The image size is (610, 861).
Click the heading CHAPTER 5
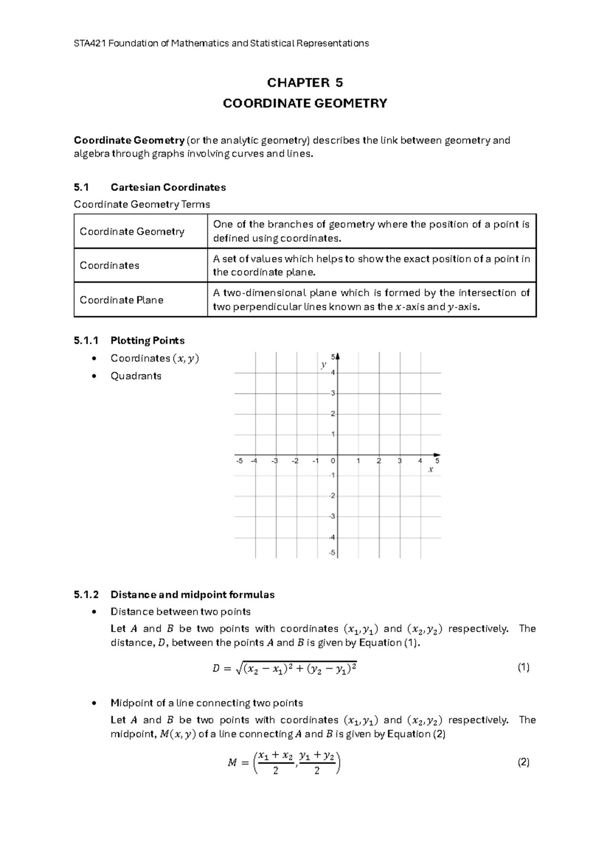coord(305,83)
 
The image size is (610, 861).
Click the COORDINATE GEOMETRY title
coord(305,104)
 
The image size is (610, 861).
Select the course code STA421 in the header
coord(89,43)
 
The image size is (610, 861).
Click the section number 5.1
coord(81,187)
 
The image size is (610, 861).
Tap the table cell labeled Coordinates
coord(109,266)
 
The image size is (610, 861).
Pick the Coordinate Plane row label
coord(121,300)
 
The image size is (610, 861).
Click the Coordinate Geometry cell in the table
coord(132,231)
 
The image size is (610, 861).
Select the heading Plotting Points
coord(147,341)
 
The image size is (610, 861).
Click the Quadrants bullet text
coord(136,376)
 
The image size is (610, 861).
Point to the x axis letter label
coord(431,470)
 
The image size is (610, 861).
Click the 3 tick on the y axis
coord(332,393)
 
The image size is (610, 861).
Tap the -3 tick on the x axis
coord(274,461)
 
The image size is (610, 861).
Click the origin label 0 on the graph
coord(333,461)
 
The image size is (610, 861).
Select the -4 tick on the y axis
coord(331,537)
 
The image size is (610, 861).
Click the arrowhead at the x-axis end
coord(437,455)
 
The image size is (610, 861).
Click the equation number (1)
coord(523,668)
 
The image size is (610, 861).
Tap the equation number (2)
coord(523,762)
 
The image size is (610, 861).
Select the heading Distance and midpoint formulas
coord(192,594)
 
